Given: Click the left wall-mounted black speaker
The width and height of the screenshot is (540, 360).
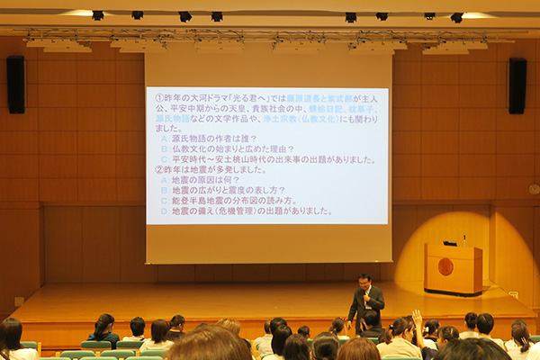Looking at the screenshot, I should (15, 84).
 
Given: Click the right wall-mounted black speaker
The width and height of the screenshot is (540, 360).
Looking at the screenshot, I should (517, 85).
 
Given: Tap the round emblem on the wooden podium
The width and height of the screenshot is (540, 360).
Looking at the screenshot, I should (445, 266).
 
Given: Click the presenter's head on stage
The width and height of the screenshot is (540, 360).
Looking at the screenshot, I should (364, 281).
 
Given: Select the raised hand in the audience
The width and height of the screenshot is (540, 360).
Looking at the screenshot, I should (417, 318).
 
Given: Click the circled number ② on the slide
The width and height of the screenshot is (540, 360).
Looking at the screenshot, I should (159, 169).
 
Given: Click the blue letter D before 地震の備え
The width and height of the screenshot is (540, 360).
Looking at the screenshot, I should (164, 211).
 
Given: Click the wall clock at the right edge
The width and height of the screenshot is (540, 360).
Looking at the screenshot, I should (535, 189).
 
